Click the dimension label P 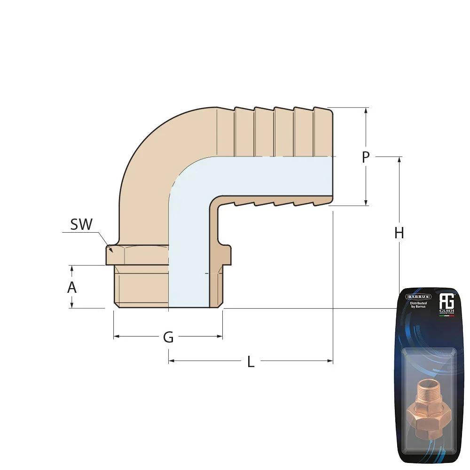click(x=366, y=157)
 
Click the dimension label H click(x=399, y=233)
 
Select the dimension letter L click(x=251, y=362)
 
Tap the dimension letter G click(x=168, y=337)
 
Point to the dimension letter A click(x=71, y=287)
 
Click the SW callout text click(x=81, y=225)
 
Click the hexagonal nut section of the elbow click(x=136, y=255)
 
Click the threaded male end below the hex click(x=141, y=287)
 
